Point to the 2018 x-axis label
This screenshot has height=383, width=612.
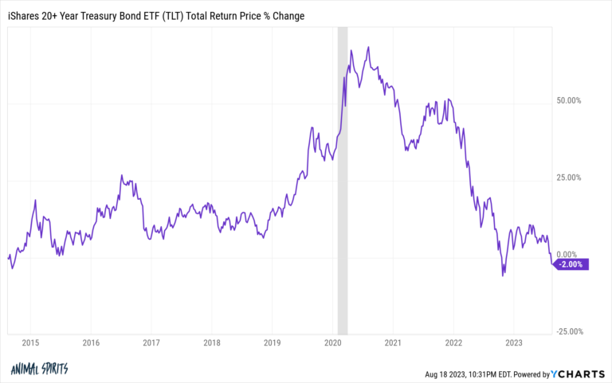tap(211, 344)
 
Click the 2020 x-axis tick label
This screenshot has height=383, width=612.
tap(332, 344)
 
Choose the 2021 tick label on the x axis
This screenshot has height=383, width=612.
tap(393, 344)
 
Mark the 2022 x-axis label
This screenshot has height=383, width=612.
tap(453, 344)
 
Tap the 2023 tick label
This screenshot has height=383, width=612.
tap(514, 344)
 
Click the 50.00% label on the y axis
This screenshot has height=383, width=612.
tap(568, 101)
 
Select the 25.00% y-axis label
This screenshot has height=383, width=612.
tap(568, 178)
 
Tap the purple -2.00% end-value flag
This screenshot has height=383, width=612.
tap(571, 265)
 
